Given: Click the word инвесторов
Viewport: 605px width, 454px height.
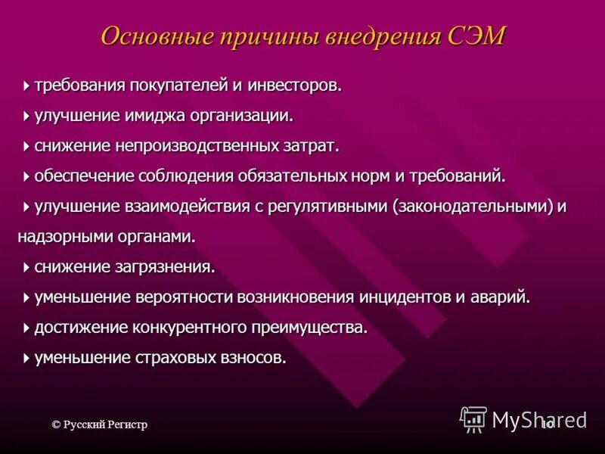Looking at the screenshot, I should click(296, 86).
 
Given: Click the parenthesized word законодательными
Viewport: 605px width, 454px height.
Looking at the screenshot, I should click(472, 206).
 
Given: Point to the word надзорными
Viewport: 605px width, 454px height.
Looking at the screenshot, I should click(59, 236).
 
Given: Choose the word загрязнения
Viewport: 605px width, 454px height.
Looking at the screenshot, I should click(171, 266).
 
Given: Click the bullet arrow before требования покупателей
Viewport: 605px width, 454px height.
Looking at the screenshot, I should click(27, 86).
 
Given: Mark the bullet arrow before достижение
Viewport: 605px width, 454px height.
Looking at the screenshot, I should click(27, 328).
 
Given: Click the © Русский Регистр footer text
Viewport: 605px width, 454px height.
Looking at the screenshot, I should click(99, 424).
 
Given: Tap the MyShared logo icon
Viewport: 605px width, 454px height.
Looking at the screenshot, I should click(473, 418).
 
